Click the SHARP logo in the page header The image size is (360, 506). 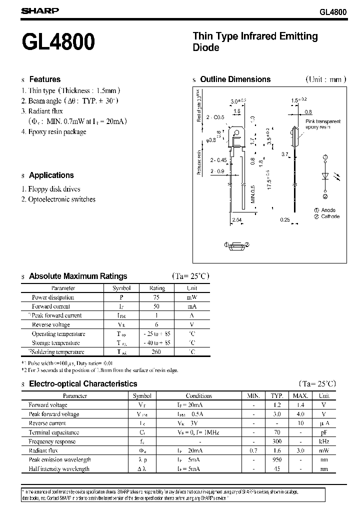pos(39,10)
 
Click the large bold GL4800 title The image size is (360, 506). pos(58,42)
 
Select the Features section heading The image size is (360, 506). pos(44,79)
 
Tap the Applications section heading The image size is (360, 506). pos(51,175)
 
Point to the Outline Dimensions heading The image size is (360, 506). pos(235,79)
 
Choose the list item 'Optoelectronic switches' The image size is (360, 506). pos(62,199)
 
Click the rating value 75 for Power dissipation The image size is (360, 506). pos(157,297)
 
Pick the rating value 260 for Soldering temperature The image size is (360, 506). pos(157,352)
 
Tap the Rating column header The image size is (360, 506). pos(157,288)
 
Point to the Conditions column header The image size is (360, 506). pos(199,395)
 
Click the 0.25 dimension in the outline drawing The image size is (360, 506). pos(285,220)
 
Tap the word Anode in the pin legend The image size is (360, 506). pos(328,210)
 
